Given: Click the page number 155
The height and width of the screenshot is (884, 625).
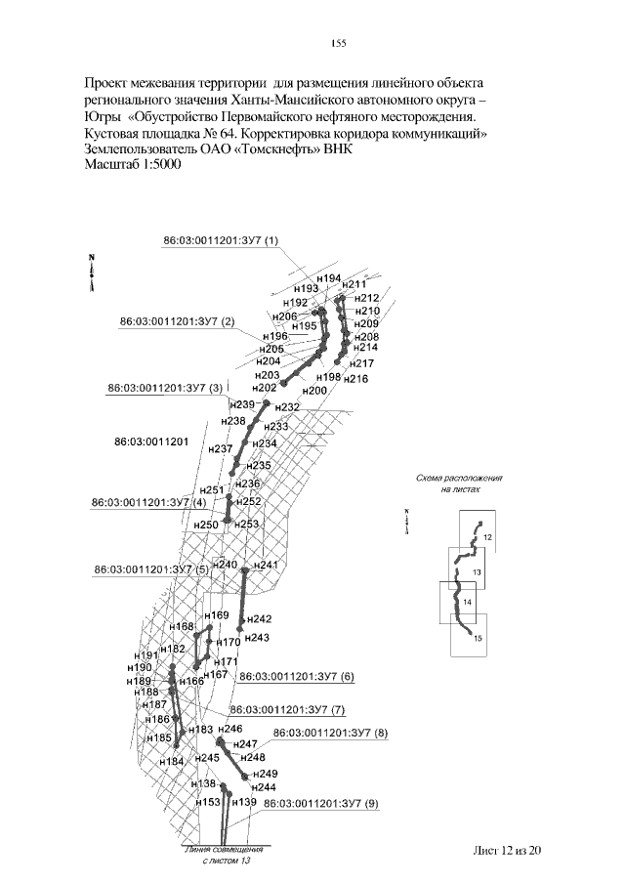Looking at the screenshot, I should coord(340,41).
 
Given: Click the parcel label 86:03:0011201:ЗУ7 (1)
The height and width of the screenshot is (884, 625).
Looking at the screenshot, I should coord(221,240).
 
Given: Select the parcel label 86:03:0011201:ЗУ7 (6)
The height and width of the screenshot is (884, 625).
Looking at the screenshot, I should coord(297,676).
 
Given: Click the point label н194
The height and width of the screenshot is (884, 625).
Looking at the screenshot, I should coord(329,278).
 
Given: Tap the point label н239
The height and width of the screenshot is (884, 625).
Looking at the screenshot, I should coord(240,404).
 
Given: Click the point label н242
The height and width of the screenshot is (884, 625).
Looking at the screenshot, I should coord(259,618).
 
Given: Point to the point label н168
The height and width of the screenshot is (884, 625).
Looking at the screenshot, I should coord(182,626).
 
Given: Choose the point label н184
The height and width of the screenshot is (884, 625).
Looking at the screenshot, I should coord(171,761).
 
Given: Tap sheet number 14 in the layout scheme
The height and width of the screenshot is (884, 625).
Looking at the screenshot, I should coord(467,603).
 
